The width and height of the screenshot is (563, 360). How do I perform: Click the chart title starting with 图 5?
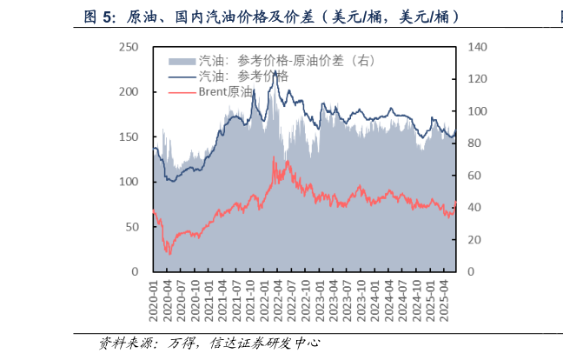270,17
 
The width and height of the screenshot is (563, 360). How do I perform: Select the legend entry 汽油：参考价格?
243,76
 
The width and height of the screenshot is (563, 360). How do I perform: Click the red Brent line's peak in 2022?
275,157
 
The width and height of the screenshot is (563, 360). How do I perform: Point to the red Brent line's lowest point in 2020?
169,254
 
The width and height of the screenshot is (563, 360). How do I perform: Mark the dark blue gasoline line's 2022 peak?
275,72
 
